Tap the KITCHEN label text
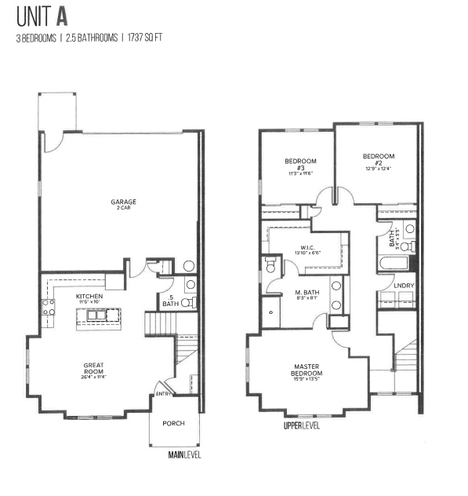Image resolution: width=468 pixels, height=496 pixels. pyautogui.click(x=89, y=297)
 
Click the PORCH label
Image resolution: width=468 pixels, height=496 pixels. pyautogui.click(x=173, y=423)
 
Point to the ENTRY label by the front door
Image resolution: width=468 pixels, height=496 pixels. pyautogui.click(x=164, y=394)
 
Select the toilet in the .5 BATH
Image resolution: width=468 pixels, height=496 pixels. pyautogui.click(x=189, y=301)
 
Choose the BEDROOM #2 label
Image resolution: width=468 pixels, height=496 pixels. pyautogui.click(x=378, y=159)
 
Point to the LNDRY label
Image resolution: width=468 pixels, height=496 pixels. pyautogui.click(x=404, y=285)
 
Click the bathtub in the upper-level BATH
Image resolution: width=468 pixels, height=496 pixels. pyautogui.click(x=390, y=264)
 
